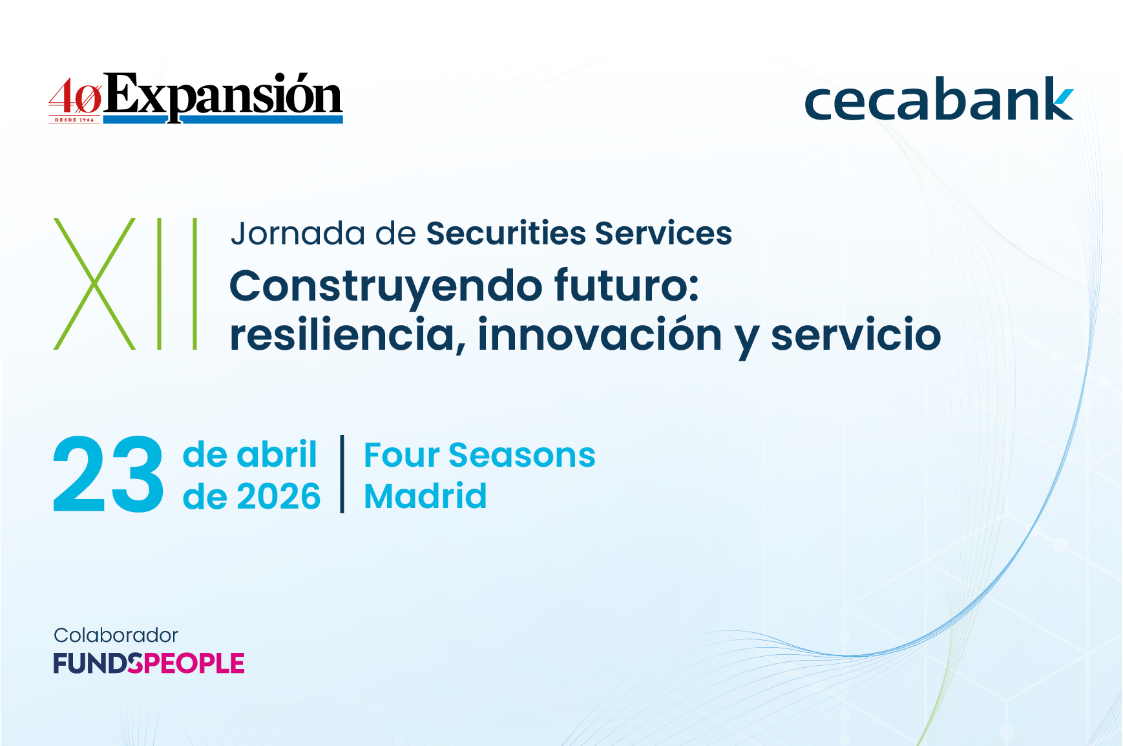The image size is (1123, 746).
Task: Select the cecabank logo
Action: [938, 100]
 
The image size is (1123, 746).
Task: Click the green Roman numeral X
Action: [94, 284]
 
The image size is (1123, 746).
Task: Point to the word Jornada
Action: [297, 233]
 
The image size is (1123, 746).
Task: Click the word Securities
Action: [506, 233]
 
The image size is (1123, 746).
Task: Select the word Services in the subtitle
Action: [663, 233]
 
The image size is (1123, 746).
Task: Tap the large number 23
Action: [108, 475]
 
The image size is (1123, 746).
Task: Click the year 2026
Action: [278, 496]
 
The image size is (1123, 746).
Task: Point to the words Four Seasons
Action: [479, 455]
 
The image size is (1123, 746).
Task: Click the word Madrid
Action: [425, 496]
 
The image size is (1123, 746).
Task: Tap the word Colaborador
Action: [116, 635]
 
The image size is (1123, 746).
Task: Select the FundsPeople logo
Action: [149, 663]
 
